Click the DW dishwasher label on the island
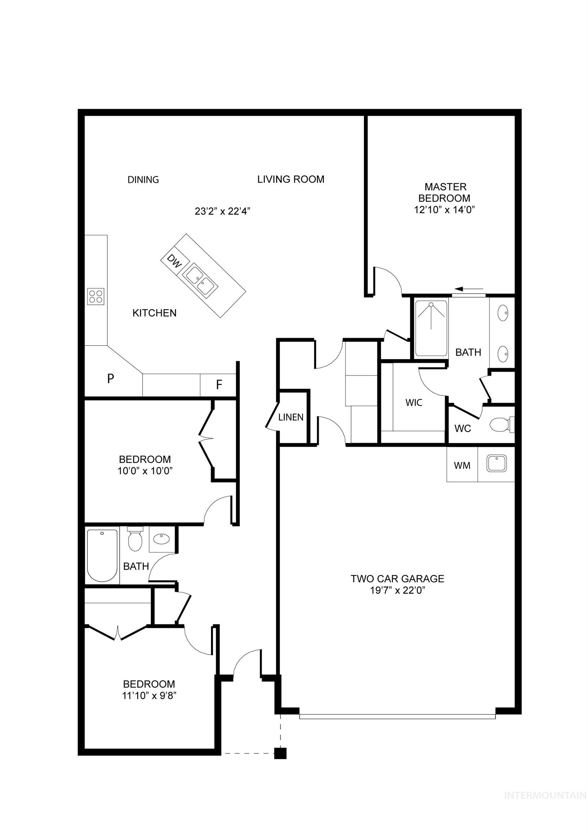coord(174,261)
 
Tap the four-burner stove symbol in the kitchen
coord(96,296)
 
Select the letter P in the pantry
coord(111,379)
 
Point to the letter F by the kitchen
coord(219,385)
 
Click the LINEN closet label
coord(291,417)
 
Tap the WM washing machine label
coord(462,465)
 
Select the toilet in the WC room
coord(500,425)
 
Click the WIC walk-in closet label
coord(414,402)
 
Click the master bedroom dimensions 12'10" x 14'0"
coord(445,210)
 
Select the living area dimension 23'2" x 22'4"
coord(222,211)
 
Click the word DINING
coord(143,180)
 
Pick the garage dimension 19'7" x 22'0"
coord(397,590)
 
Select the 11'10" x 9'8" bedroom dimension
coord(149,696)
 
